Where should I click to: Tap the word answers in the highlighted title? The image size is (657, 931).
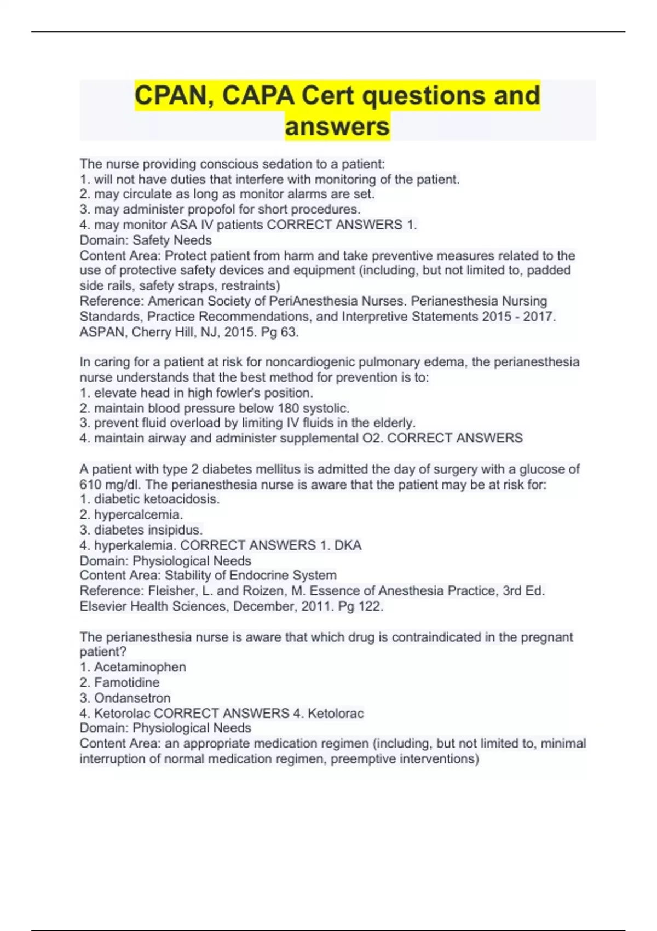[337, 127]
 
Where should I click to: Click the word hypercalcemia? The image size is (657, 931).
[138, 514]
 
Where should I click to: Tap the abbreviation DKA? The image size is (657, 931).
[348, 545]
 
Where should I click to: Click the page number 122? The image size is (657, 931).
[370, 606]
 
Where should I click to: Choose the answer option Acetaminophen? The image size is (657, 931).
[140, 667]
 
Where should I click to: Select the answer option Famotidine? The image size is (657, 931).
[126, 682]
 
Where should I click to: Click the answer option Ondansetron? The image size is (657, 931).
[132, 698]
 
